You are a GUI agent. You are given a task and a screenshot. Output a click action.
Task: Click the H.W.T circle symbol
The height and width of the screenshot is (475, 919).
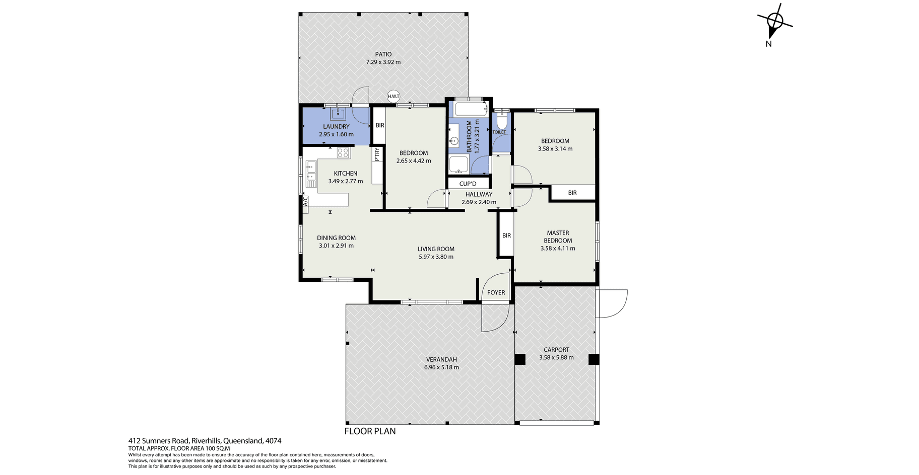click(393, 96)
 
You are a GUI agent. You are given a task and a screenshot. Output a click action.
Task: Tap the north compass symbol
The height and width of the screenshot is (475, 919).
click(774, 22)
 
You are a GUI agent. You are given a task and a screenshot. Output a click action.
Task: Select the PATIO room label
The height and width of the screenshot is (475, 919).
click(383, 54)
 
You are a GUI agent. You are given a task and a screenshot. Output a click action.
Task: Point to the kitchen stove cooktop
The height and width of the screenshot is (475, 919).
click(343, 152)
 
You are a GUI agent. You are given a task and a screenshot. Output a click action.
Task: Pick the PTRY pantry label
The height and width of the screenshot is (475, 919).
click(377, 154)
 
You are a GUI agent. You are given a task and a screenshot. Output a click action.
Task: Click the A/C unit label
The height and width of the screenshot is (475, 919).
click(305, 201)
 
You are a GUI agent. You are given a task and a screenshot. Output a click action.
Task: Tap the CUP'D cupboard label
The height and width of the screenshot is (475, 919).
click(468, 184)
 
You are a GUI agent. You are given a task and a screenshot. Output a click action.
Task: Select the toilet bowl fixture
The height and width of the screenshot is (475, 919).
click(501, 120)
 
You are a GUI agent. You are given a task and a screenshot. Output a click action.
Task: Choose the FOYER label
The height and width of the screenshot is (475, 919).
click(496, 292)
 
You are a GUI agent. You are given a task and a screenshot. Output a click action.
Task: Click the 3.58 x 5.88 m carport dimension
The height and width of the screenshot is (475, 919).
click(556, 358)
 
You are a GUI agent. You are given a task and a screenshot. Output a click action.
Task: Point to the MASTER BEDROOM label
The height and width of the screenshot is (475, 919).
click(558, 236)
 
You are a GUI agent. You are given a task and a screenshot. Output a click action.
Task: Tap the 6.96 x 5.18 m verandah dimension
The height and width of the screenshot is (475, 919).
click(442, 367)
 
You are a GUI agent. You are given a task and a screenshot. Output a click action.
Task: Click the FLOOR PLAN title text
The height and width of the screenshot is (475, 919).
click(370, 431)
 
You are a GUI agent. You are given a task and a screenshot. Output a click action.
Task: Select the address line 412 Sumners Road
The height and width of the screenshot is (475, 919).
click(205, 441)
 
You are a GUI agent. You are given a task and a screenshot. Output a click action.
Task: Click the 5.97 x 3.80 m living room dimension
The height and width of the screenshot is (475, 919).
click(436, 257)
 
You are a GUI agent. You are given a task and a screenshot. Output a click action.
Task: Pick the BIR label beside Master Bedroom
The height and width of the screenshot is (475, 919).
click(506, 235)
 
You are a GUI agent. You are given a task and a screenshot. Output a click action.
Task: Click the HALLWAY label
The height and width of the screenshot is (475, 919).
click(479, 194)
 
